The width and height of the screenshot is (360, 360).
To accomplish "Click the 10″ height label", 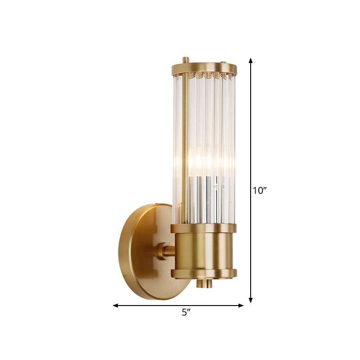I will click(260, 190).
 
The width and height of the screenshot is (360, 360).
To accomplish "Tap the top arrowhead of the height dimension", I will click(251, 61).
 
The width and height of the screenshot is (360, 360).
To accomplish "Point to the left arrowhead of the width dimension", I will click(116, 306).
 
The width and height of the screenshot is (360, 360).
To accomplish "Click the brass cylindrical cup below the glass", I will click(203, 251).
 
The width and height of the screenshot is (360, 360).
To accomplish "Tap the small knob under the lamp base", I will click(205, 283).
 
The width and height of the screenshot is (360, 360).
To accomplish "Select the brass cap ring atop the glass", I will click(204, 69).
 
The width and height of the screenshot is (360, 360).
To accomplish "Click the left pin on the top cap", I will click(185, 60).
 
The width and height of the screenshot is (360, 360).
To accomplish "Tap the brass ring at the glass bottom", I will click(203, 228).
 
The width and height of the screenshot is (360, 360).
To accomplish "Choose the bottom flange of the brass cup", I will click(203, 273).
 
